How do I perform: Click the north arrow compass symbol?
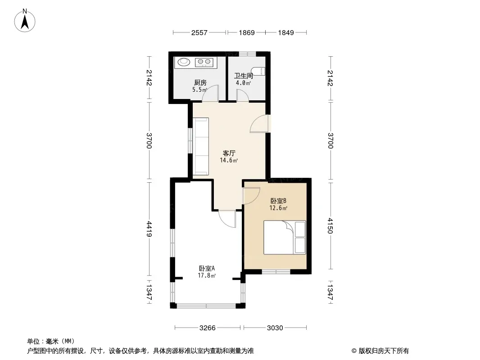point(25,21)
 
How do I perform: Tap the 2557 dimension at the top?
point(199,33)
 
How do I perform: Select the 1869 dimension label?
point(246,33)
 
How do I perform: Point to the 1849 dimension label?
point(285,33)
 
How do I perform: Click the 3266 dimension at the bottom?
point(207,328)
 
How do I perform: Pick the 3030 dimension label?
point(275,328)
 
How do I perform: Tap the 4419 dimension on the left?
point(149,229)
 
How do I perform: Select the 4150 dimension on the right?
point(330,225)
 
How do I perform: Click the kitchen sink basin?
point(184,62)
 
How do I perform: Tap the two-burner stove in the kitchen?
point(204,62)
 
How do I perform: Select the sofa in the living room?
point(200,146)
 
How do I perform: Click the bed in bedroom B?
point(285,237)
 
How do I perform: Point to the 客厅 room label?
point(229,153)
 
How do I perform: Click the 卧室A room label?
point(207,268)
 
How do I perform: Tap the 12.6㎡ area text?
point(278,208)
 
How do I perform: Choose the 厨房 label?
point(200,83)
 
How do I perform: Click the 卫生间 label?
point(244,76)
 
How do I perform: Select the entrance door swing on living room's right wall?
point(260,124)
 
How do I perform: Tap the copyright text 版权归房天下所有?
point(384,351)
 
